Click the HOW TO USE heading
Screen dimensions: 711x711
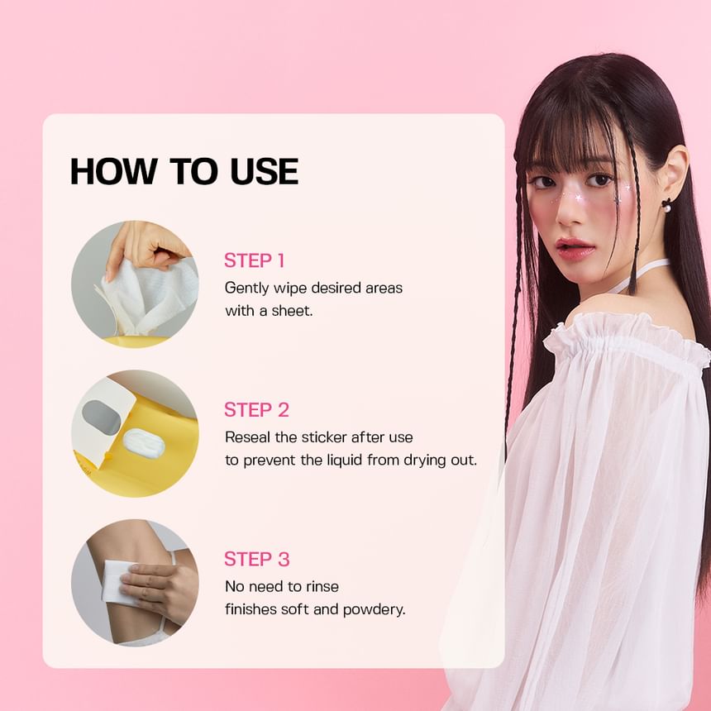[x=184, y=171]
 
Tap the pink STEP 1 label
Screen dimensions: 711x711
[x=255, y=260]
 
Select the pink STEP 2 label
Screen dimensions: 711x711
[x=256, y=410]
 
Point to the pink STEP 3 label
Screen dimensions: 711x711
[x=256, y=559]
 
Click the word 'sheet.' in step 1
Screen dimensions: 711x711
[x=293, y=311]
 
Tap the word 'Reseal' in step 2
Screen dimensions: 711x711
[x=248, y=437]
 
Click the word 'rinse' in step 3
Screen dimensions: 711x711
[x=322, y=587]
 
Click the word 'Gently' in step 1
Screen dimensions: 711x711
[x=246, y=289]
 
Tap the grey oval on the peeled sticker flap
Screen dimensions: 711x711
[x=102, y=417]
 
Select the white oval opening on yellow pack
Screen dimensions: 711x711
[x=144, y=442]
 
